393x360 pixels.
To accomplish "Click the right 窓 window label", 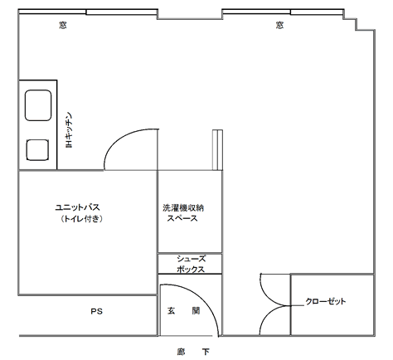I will click(279, 25).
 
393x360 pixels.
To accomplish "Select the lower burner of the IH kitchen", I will click(36, 150).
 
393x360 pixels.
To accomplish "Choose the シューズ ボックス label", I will click(191, 264).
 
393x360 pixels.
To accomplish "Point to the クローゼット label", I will click(326, 300).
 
